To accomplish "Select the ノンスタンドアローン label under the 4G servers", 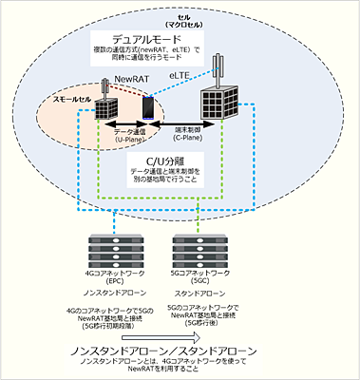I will pyautogui.click(x=112, y=297).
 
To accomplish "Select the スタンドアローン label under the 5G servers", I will pyautogui.click(x=198, y=297).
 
